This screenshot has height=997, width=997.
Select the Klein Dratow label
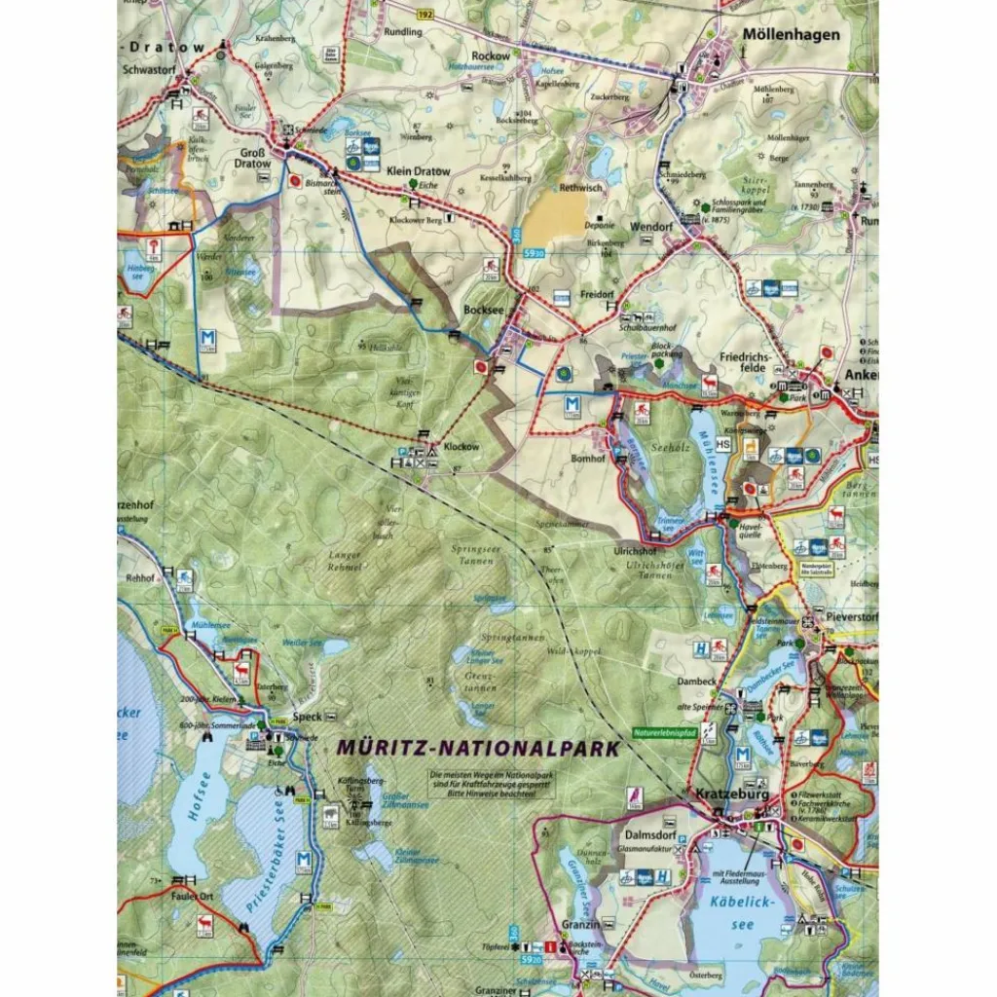(417, 171)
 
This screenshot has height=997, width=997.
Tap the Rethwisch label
(582, 187)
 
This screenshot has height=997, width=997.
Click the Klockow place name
(462, 447)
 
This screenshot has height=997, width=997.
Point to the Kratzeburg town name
(732, 794)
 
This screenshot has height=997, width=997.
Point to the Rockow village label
(490, 55)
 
